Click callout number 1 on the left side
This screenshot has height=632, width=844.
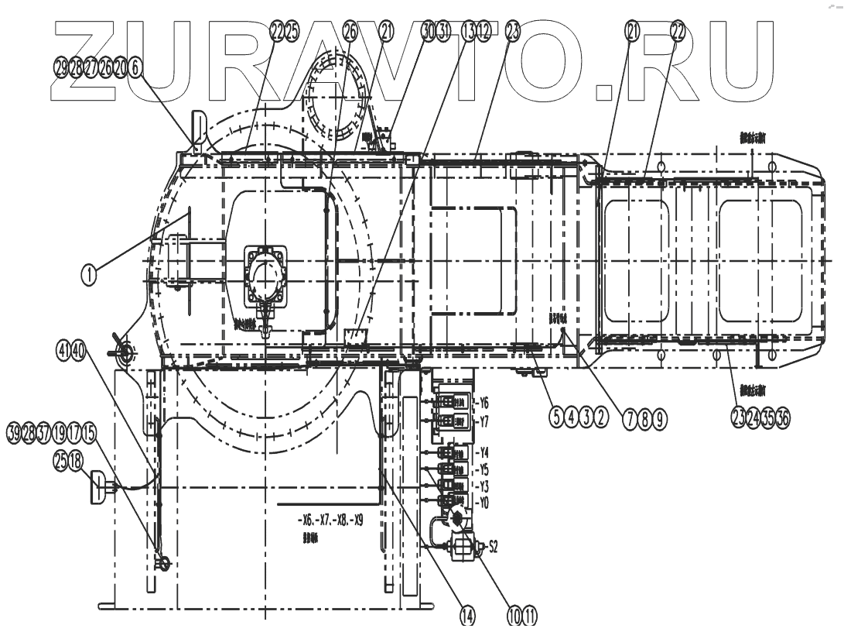tap(90, 273)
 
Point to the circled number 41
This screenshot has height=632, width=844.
tap(63, 351)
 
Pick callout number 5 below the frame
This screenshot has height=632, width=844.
tap(556, 417)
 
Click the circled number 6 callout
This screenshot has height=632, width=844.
tap(136, 68)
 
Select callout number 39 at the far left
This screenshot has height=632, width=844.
tap(14, 431)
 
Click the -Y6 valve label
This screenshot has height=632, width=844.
tap(484, 403)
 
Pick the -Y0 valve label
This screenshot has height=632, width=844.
tap(484, 502)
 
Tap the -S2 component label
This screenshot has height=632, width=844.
tap(489, 547)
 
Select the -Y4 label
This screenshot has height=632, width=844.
tap(484, 452)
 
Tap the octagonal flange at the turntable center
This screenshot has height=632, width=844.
tap(266, 274)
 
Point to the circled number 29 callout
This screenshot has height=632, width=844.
tap(61, 68)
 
